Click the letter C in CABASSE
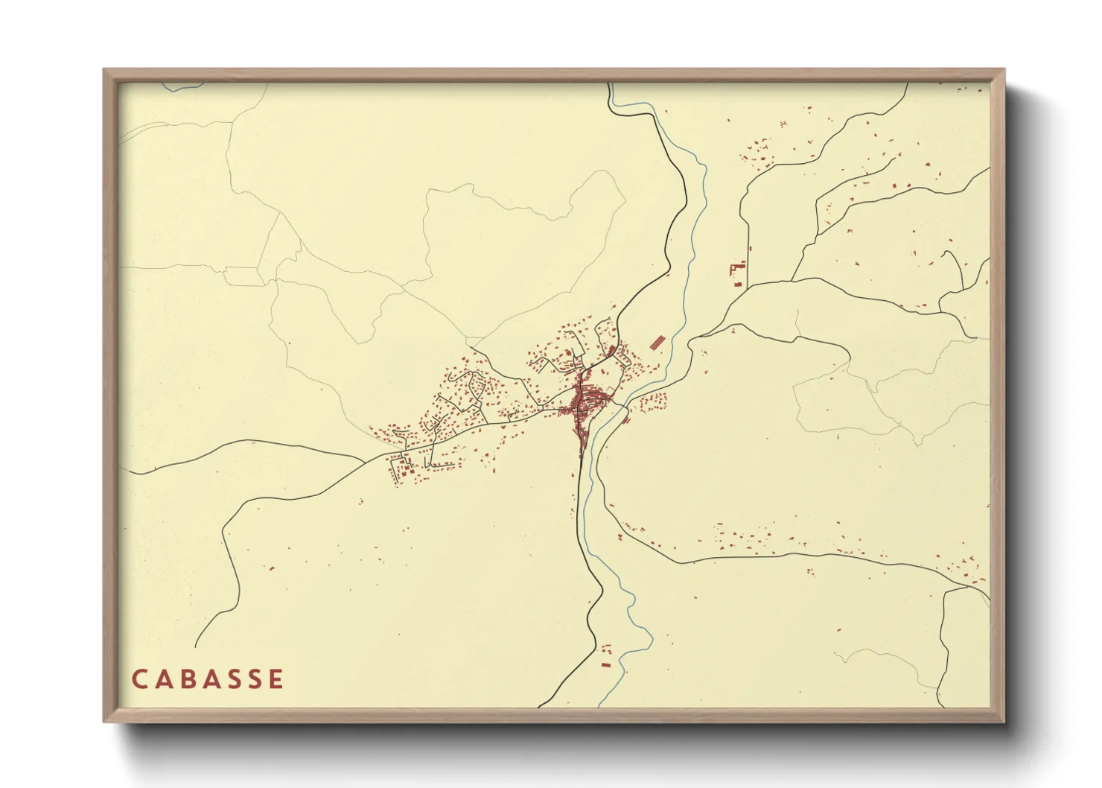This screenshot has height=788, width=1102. (139, 679)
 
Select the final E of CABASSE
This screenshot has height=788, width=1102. (277, 679)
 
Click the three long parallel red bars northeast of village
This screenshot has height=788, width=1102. (657, 342)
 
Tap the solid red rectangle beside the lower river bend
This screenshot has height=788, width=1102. (606, 663)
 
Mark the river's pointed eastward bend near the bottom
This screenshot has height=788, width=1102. (652, 641)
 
